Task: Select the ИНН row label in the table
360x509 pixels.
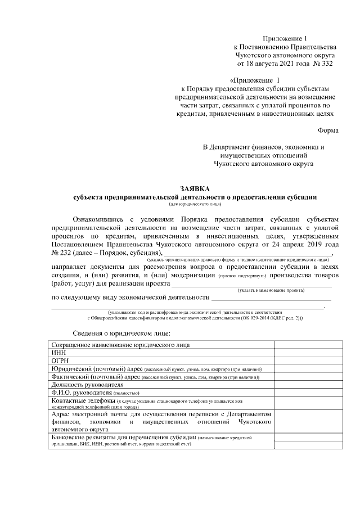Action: (x=58, y=352)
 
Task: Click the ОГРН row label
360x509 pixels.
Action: (x=61, y=361)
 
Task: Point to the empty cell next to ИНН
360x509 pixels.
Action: (x=306, y=352)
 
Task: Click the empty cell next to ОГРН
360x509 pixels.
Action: (x=306, y=361)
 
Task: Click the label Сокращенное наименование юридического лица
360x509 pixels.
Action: (x=120, y=344)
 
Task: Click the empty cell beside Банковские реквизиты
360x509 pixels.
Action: (x=306, y=440)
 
